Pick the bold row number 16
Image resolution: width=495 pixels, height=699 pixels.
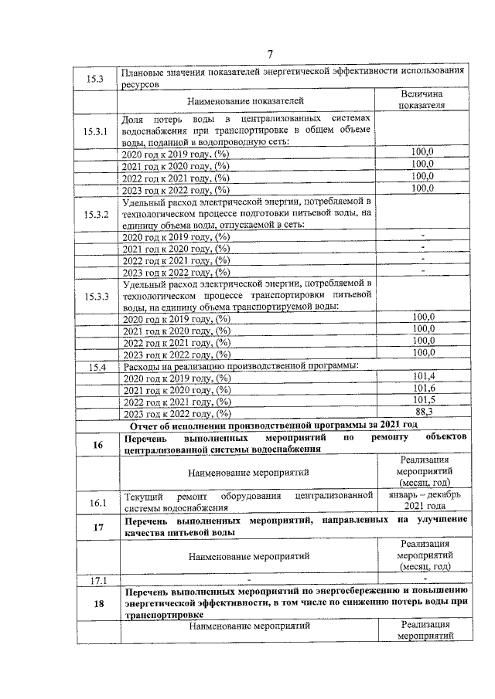[97, 443]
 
